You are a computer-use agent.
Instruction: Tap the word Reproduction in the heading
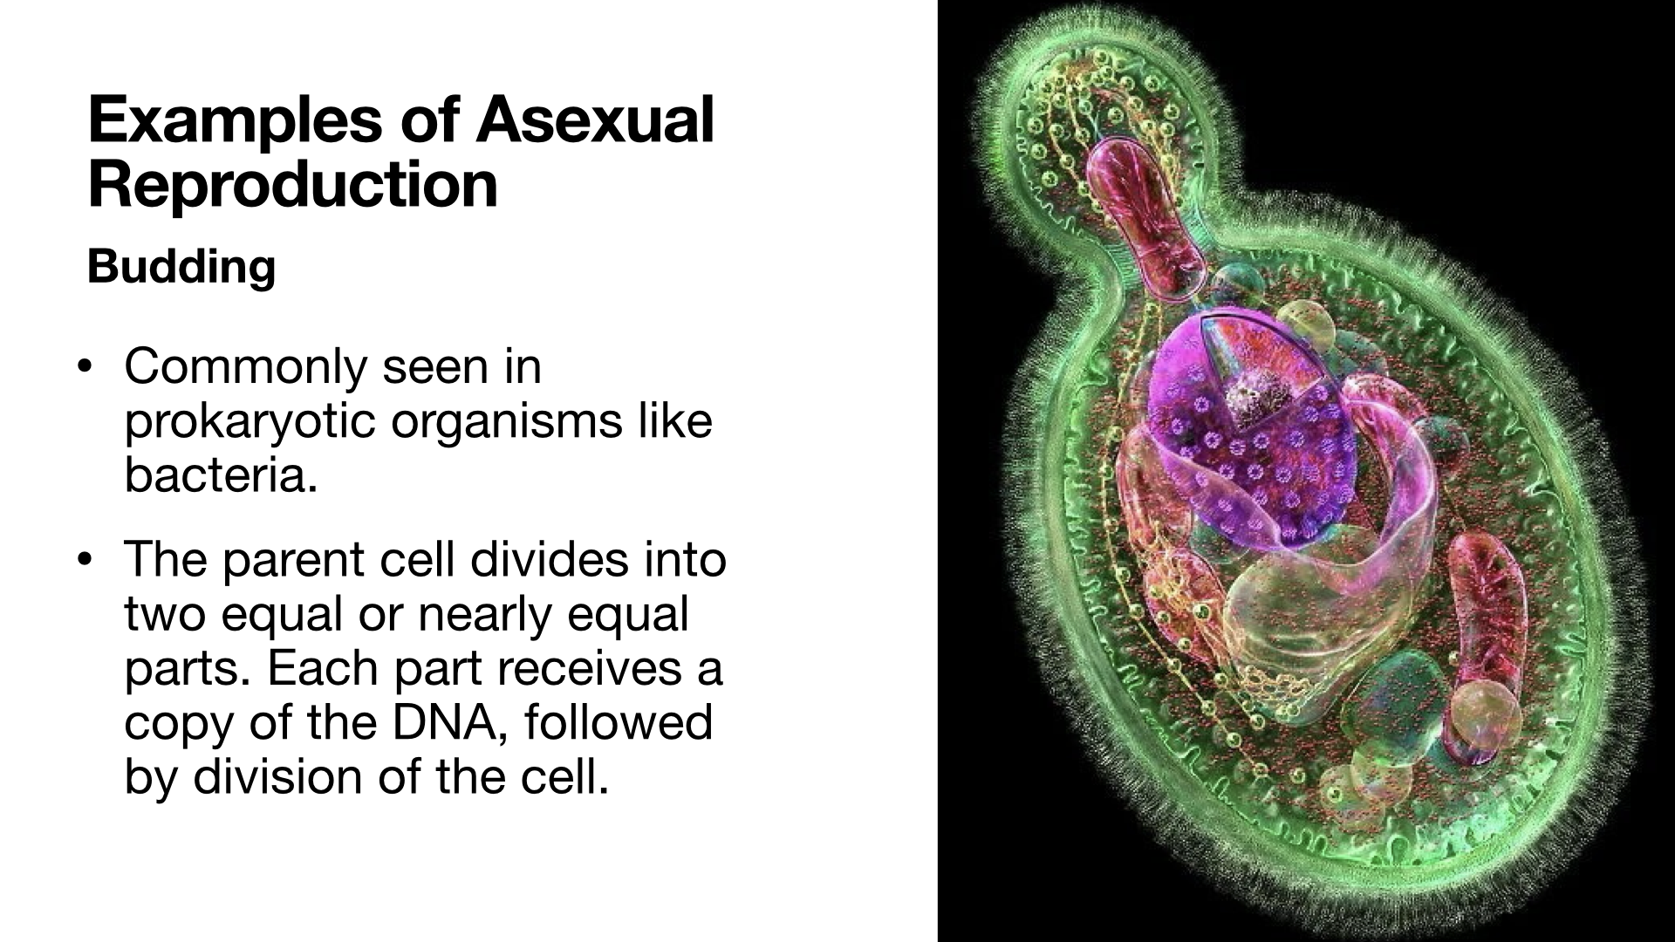293,184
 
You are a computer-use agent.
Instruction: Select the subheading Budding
181,267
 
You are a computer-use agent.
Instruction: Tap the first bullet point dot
84,366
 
